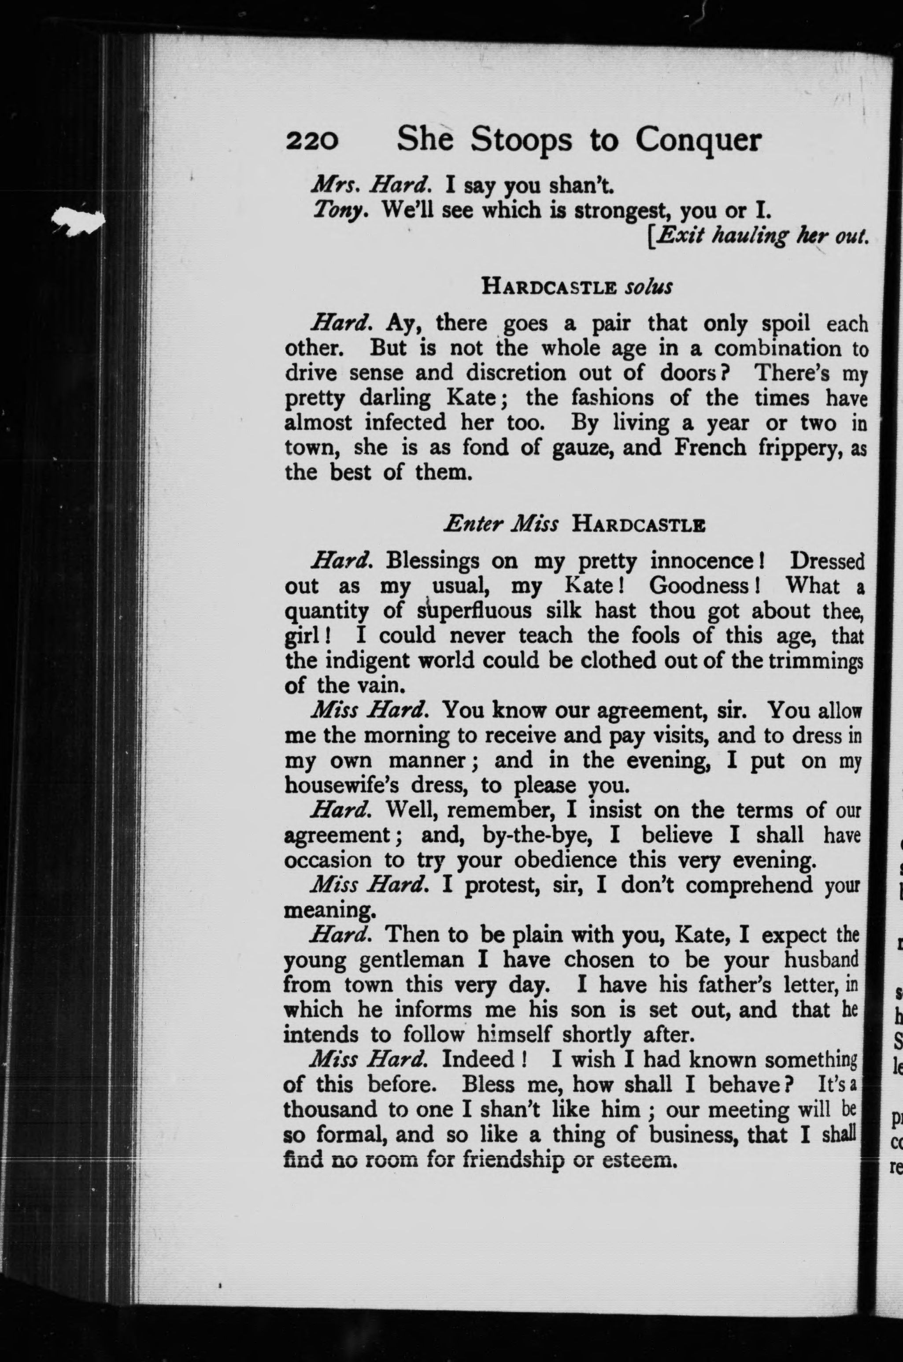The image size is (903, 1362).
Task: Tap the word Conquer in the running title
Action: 698,140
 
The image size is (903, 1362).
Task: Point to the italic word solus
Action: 648,286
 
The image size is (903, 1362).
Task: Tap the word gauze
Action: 579,448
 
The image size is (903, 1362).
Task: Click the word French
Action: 710,447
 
